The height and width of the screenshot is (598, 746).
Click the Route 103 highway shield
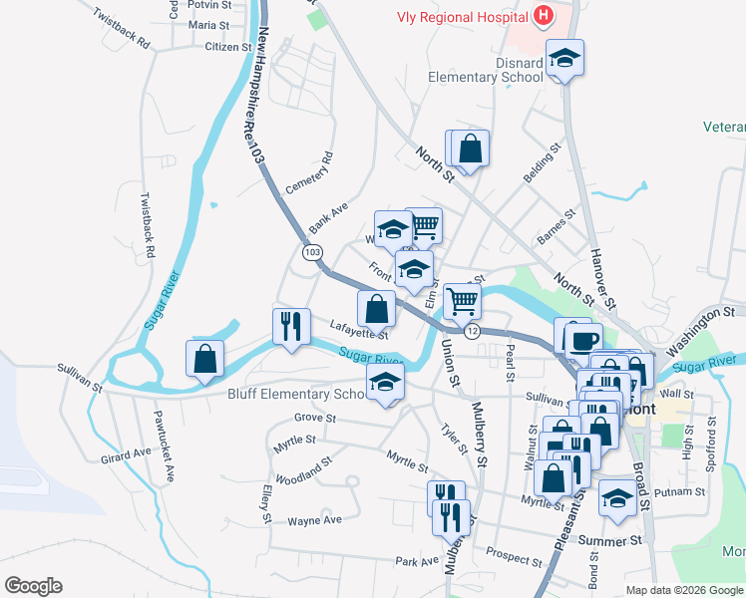click(313, 253)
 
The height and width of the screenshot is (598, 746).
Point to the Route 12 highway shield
click(473, 331)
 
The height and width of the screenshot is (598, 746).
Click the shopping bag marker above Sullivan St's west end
click(204, 359)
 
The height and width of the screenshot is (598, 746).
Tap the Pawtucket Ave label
click(163, 445)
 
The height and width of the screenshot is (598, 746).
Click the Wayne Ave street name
click(314, 520)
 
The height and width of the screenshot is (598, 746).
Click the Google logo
click(33, 585)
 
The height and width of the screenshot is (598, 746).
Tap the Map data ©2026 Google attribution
click(684, 590)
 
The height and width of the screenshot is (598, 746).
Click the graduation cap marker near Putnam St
click(617, 498)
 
